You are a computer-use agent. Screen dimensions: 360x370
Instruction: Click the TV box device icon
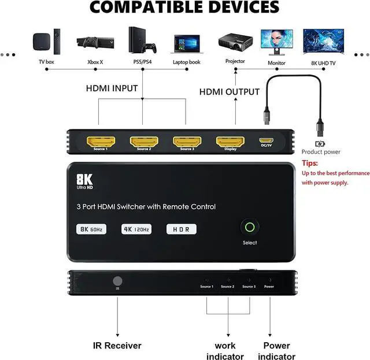[x=46, y=42]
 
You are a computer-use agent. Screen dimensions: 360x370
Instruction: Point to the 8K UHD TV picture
[x=320, y=41]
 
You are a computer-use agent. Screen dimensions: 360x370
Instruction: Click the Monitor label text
[x=276, y=61]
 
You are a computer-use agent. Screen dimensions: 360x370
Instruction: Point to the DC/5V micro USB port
[x=266, y=141]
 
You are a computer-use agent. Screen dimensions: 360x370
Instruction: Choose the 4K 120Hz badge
[x=136, y=229]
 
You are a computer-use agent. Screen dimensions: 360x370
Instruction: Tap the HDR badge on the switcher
[x=181, y=229]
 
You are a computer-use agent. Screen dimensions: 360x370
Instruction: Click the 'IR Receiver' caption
[x=117, y=346]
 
